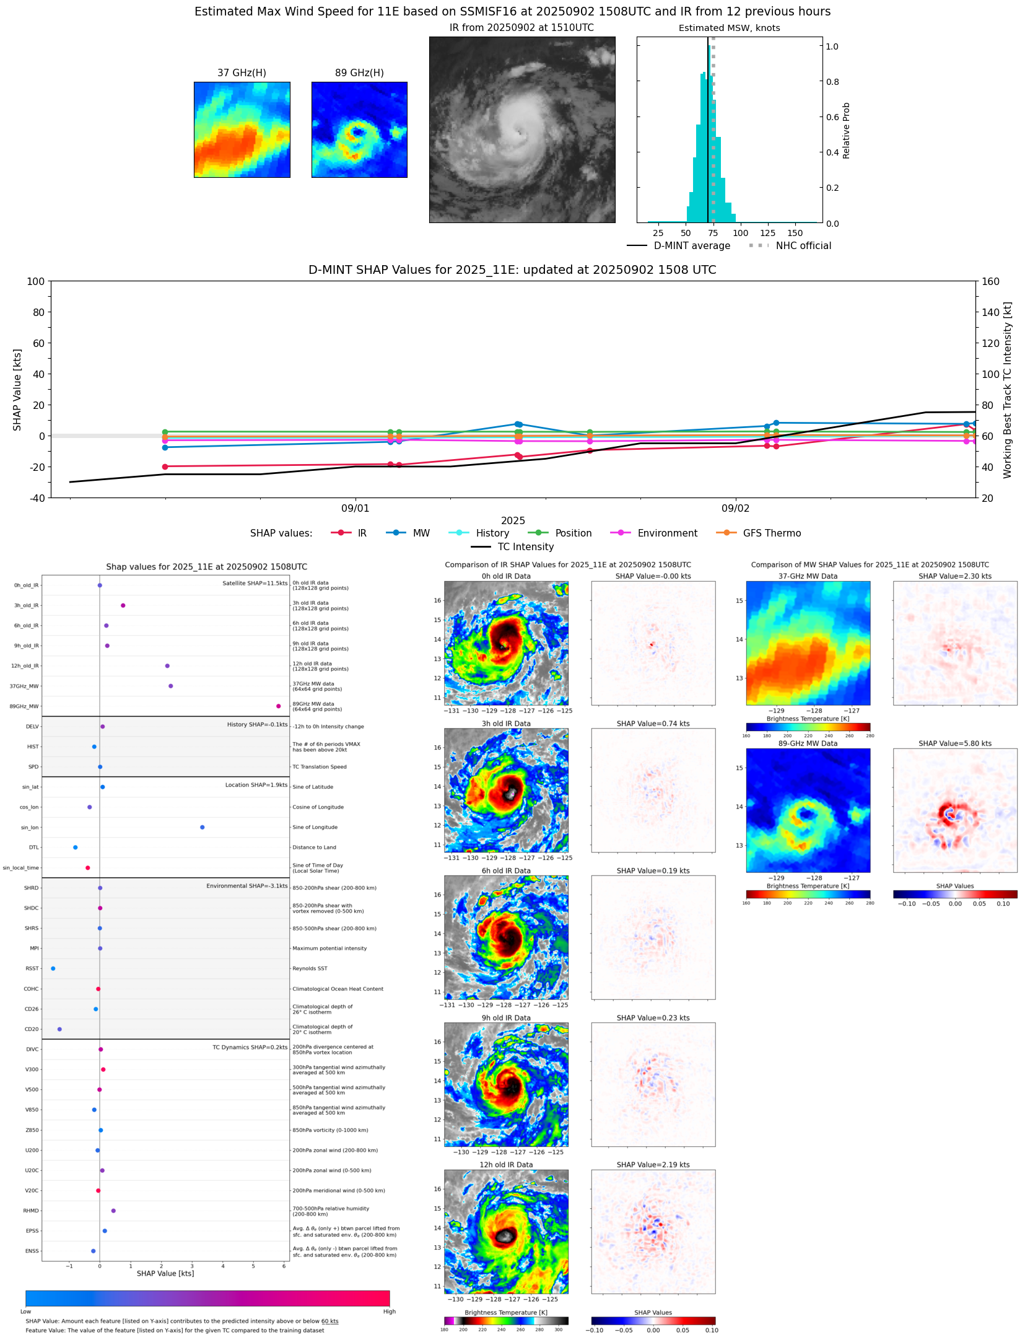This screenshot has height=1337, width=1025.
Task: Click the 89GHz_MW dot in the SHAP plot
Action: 278,706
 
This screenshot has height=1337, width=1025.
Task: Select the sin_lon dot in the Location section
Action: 202,827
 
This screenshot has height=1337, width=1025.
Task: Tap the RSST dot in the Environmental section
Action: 53,968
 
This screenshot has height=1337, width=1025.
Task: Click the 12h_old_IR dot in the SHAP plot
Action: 167,666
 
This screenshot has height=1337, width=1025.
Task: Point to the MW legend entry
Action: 421,533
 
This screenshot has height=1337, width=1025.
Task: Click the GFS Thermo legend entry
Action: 771,533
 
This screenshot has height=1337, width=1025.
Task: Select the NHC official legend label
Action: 803,246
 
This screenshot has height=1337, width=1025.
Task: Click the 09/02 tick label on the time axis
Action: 735,509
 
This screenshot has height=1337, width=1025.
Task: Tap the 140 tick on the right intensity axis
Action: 990,312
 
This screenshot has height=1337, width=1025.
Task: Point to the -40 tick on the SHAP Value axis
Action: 36,498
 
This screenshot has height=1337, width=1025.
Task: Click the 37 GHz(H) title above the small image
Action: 242,73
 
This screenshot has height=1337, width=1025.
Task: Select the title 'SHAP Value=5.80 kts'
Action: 954,743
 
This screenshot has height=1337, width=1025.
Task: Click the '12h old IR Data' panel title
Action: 506,1165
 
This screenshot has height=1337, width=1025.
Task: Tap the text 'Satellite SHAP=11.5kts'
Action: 255,584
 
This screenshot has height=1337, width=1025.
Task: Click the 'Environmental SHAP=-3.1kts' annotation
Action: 246,886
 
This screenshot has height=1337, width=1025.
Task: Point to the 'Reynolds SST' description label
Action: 310,968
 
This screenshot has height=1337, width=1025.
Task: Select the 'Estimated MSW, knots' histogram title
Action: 729,28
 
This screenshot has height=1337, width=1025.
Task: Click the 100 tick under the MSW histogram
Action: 740,233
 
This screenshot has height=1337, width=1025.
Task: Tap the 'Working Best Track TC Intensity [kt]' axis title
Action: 1007,390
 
